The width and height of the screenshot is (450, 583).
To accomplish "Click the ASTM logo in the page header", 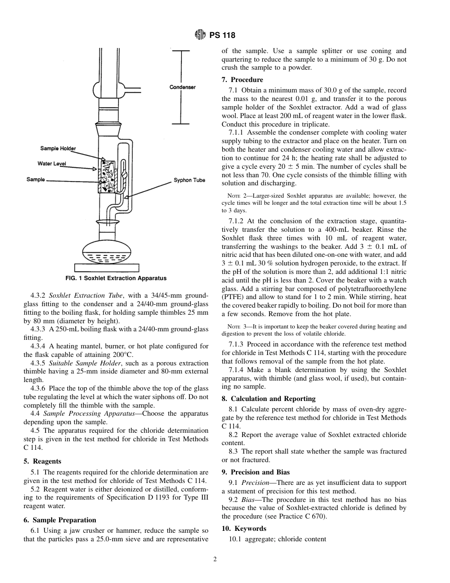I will pyautogui.click(x=200, y=35).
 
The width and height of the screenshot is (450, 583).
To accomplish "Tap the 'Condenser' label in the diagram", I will pyautogui.click(x=182, y=87).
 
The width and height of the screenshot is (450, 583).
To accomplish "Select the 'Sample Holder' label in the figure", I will pyautogui.click(x=58, y=148).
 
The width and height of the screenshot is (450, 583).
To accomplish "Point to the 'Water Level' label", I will pyautogui.click(x=52, y=164).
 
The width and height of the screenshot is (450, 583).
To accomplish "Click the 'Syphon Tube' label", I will pyautogui.click(x=189, y=180).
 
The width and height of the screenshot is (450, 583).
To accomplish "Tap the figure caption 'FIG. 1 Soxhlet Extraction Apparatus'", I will pyautogui.click(x=116, y=278).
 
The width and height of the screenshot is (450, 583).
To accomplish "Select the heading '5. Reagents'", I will pyautogui.click(x=42, y=461).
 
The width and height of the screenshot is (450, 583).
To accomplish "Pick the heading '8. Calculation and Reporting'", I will pyautogui.click(x=269, y=399).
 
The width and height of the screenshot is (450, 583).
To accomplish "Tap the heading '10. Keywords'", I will pyautogui.click(x=244, y=528).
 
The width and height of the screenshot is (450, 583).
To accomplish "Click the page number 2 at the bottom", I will pyautogui.click(x=215, y=559).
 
